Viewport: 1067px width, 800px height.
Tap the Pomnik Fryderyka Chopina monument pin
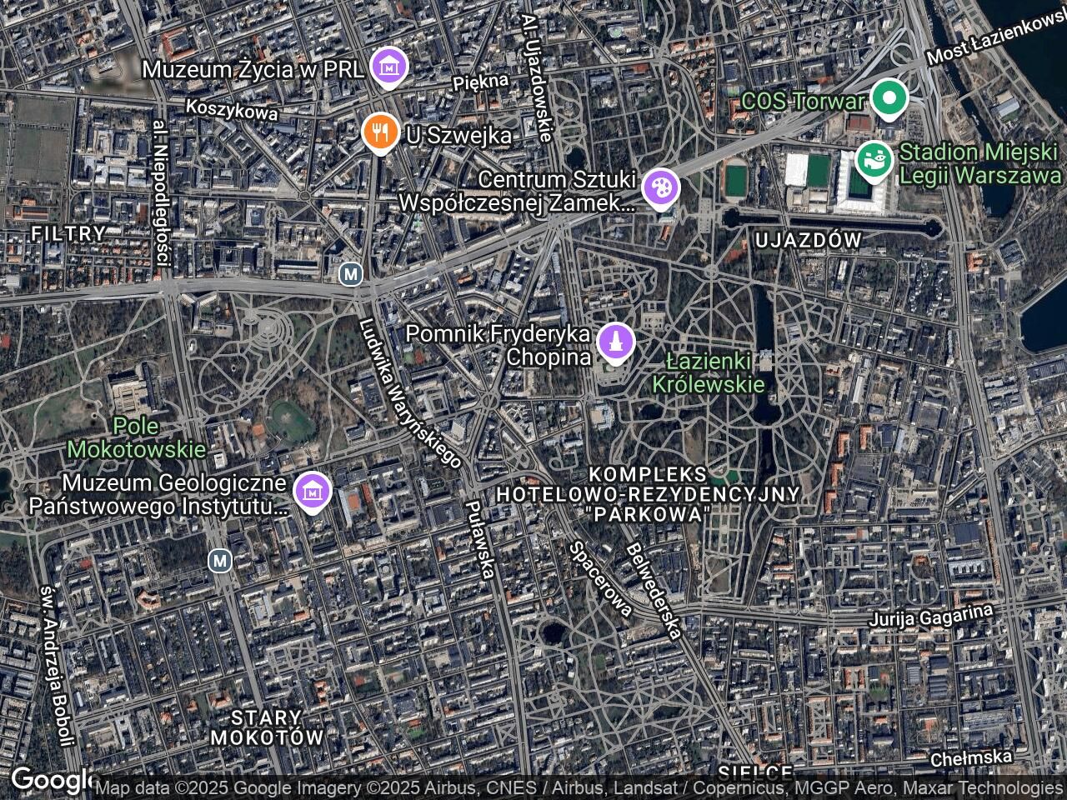616,343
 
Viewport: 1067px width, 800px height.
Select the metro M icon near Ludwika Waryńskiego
352,273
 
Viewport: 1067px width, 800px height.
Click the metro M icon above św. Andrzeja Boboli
219,561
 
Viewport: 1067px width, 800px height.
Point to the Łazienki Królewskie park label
708,372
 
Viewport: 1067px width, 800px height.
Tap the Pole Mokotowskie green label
136,437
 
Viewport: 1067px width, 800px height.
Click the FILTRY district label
68,233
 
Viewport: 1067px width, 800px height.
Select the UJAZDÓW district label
807,241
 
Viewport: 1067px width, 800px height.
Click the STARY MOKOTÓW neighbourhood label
267,727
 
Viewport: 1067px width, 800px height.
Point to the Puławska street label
481,539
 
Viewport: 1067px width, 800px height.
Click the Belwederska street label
654,590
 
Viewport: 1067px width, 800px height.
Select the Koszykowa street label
232,109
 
